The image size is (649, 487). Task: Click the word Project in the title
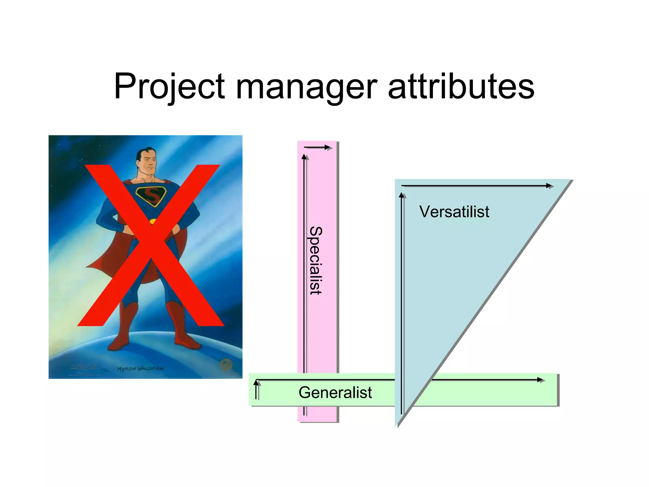(170, 87)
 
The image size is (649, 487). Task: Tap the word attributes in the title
(461, 86)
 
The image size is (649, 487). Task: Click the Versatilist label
(454, 211)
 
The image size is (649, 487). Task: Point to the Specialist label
(316, 260)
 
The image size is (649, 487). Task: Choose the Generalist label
(335, 393)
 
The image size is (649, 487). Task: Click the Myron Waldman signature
(140, 369)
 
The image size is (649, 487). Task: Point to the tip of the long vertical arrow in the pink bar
(304, 156)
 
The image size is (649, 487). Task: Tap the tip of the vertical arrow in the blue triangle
(402, 195)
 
